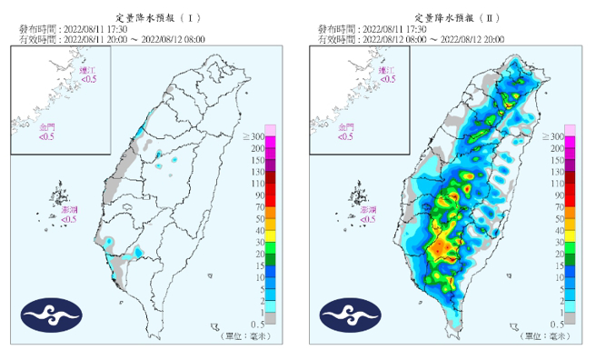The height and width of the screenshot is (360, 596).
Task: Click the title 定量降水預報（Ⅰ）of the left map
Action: click(x=148, y=17)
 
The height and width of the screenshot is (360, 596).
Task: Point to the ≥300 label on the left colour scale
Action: click(x=253, y=135)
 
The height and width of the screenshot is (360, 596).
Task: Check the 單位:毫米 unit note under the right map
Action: click(x=544, y=336)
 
